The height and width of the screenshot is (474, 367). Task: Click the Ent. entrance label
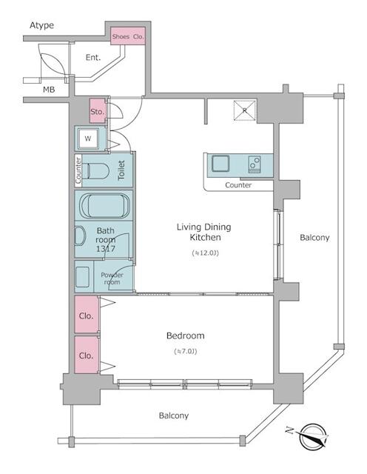click(x=93, y=58)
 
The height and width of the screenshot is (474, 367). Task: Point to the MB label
click(x=49, y=90)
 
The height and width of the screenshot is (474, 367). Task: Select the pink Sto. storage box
click(x=96, y=111)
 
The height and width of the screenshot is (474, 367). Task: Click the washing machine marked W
click(x=88, y=138)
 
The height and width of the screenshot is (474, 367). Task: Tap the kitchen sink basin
click(x=221, y=163)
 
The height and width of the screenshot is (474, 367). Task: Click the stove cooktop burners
click(x=254, y=163)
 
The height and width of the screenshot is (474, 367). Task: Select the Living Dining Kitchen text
click(x=201, y=233)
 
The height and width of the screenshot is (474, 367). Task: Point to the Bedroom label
click(x=185, y=336)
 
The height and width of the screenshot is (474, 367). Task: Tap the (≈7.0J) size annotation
click(x=185, y=350)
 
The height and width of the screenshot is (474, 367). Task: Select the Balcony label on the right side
click(x=314, y=238)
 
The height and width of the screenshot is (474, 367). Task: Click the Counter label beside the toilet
click(x=78, y=170)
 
